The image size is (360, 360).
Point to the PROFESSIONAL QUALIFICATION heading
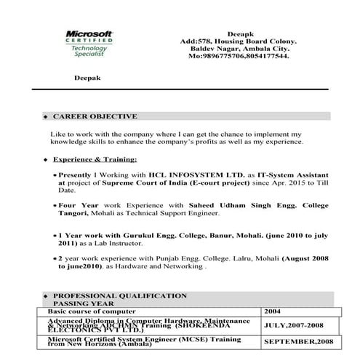tap(120, 296)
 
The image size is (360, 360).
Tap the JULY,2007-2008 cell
tap(294, 326)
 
